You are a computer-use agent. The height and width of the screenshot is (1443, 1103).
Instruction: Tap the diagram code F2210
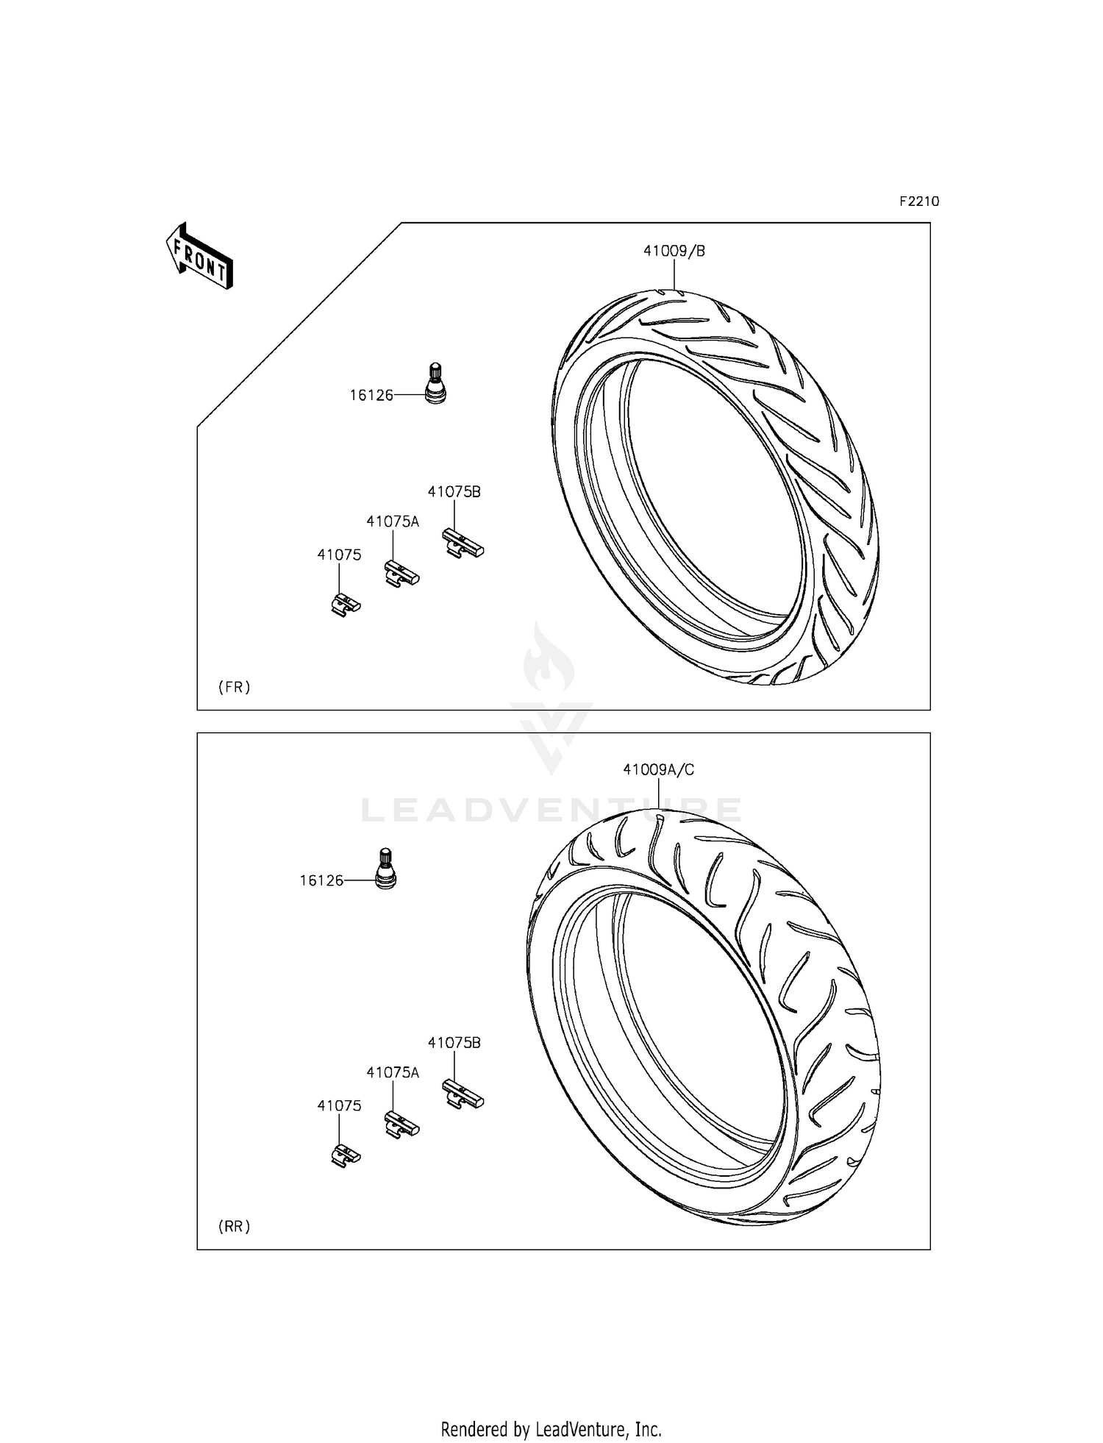pyautogui.click(x=918, y=202)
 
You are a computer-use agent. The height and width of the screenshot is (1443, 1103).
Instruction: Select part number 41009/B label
pyautogui.click(x=674, y=252)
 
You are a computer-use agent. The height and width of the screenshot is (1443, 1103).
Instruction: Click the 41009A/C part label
pyautogui.click(x=658, y=770)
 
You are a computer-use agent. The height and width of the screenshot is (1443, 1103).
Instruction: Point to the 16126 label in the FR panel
pyautogui.click(x=371, y=396)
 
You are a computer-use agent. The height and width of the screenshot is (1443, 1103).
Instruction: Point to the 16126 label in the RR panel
pyautogui.click(x=321, y=880)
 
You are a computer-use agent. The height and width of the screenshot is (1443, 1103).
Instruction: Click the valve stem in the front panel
pyautogui.click(x=436, y=383)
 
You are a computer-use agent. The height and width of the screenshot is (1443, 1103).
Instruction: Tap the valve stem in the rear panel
pyautogui.click(x=385, y=869)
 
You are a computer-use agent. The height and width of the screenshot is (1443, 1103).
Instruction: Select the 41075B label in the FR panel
pyautogui.click(x=454, y=492)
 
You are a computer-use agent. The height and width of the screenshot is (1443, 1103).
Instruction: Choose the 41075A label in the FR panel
pyautogui.click(x=393, y=521)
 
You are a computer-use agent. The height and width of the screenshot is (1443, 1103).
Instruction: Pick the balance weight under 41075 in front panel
pyautogui.click(x=344, y=605)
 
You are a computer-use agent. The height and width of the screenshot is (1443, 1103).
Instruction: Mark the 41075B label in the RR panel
pyautogui.click(x=454, y=1042)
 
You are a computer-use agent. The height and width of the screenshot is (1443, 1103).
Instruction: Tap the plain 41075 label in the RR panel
pyautogui.click(x=339, y=1105)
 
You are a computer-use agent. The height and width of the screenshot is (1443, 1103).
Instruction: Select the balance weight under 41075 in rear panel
pyautogui.click(x=344, y=1155)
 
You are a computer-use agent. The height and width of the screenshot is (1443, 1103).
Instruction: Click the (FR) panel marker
pyautogui.click(x=234, y=688)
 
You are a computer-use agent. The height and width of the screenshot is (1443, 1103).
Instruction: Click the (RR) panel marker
pyautogui.click(x=234, y=1226)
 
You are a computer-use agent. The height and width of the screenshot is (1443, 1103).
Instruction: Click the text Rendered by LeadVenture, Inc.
pyautogui.click(x=551, y=1428)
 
